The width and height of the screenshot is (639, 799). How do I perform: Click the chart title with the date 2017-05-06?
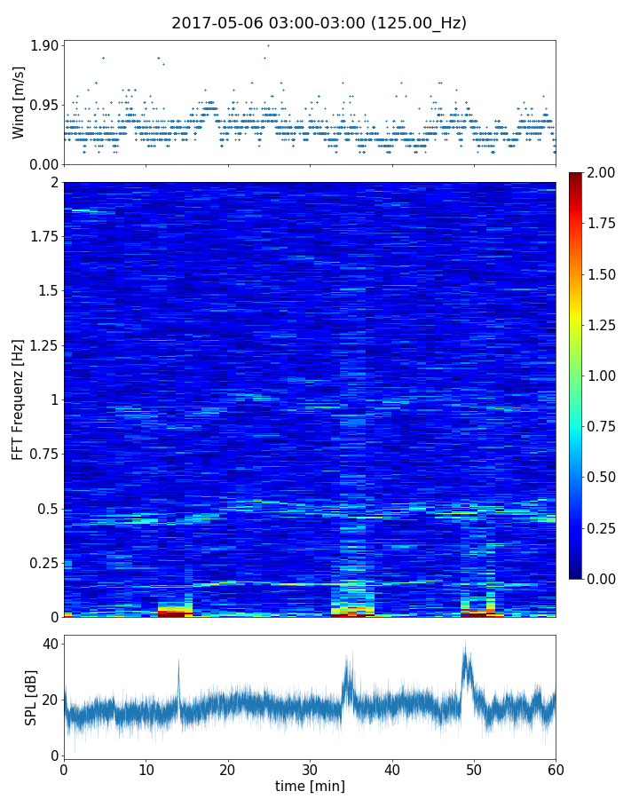pos(319,23)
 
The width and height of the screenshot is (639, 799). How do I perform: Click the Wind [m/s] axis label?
pos(19,102)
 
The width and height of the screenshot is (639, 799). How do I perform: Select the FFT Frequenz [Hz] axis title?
pos(19,399)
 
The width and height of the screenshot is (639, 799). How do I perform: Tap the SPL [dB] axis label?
pos(30,697)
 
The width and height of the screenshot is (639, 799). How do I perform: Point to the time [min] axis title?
pos(310,786)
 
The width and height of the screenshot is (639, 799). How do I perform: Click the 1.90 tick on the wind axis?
pos(45,45)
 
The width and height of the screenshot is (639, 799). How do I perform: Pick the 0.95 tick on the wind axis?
pos(45,105)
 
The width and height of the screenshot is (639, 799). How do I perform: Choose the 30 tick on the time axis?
pos(310,769)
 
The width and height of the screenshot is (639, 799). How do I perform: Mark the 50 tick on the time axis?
pos(474,769)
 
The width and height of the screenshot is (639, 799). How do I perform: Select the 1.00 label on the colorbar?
pos(602,376)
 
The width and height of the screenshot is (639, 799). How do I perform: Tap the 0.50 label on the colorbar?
pos(602,477)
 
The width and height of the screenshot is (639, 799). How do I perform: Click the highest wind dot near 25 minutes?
pos(268,45)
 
